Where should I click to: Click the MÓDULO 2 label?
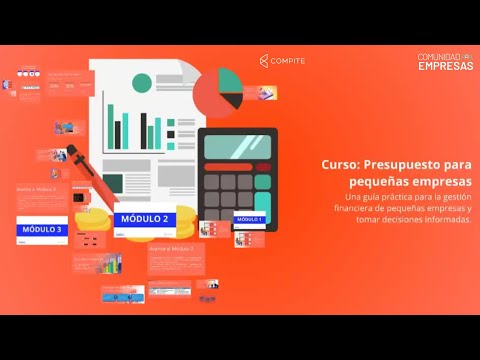[144, 219]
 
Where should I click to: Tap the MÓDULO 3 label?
[41, 230]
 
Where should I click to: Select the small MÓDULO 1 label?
[248, 218]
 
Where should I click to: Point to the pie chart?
[218, 91]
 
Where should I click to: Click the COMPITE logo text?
[288, 61]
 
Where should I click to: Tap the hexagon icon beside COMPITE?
[263, 61]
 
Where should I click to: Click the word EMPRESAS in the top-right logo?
[446, 67]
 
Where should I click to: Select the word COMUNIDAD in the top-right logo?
[438, 57]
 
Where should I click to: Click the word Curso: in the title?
[341, 167]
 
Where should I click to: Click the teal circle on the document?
[142, 82]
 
